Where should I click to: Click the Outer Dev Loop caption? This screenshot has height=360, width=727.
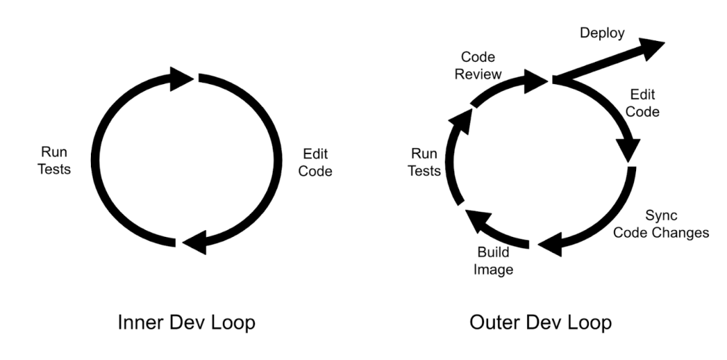[541, 323]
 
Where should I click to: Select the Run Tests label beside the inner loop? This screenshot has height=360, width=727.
[55, 161]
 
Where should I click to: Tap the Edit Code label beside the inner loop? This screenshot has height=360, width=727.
[315, 163]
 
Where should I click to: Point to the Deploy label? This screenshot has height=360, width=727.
[602, 33]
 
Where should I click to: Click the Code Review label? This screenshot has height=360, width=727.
[478, 66]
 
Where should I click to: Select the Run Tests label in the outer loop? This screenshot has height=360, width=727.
[425, 162]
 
